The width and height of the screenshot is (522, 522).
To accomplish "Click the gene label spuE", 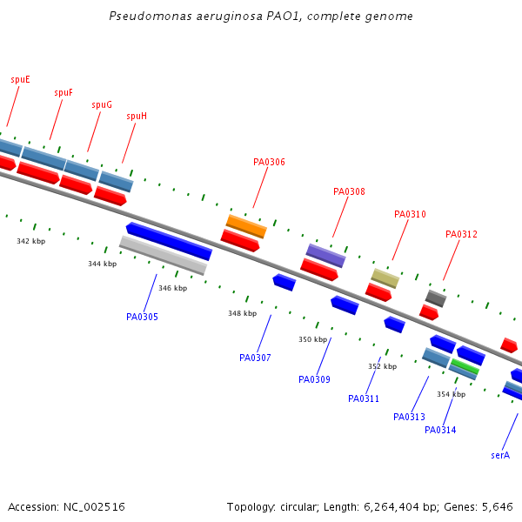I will [x=20, y=79].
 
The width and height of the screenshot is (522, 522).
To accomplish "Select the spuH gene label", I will [x=137, y=116].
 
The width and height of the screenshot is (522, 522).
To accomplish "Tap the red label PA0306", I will [x=269, y=162].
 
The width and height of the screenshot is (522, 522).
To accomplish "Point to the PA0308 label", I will [x=349, y=191].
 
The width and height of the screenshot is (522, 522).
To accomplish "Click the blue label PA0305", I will [x=142, y=317].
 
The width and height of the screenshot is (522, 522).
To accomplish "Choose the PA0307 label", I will [x=255, y=358].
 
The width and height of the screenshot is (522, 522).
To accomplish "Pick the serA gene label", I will [x=500, y=455].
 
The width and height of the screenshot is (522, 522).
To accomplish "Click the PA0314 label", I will [x=440, y=430].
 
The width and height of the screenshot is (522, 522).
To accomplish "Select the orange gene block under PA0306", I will [x=246, y=225].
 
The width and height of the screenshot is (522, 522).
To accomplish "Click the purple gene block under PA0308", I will [x=325, y=255].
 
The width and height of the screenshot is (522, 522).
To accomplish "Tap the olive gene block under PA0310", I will [x=385, y=278].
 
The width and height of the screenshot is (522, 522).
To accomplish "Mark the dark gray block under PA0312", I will [x=436, y=298].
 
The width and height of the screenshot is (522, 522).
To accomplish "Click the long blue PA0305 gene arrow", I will [x=169, y=241].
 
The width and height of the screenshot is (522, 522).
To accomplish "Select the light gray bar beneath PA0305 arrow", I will [x=163, y=256].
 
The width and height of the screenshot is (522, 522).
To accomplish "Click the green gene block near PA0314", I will [x=465, y=366].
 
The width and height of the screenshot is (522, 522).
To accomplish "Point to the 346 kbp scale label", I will [x=172, y=288].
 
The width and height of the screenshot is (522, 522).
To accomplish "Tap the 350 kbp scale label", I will [x=312, y=339].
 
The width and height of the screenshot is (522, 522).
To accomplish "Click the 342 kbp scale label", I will [x=30, y=241].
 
